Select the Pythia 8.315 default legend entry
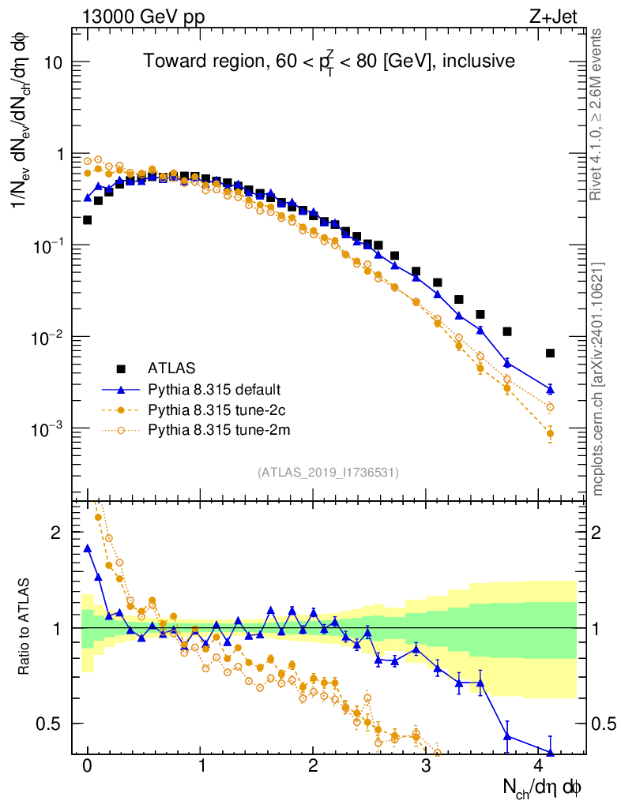tap(214, 389)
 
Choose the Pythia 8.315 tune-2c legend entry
tap(213, 410)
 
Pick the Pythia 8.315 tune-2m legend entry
tap(214, 430)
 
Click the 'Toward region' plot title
tap(329, 62)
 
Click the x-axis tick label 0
tap(88, 766)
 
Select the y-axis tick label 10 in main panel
tap(51, 63)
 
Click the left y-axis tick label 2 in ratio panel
tap(56, 533)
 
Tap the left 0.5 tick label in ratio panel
tap(49, 724)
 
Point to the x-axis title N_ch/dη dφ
tap(544, 787)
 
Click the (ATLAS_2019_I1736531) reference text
tap(328, 473)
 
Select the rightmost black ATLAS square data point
tap(550, 353)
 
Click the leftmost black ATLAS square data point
tap(88, 220)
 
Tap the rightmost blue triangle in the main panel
tap(550, 389)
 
